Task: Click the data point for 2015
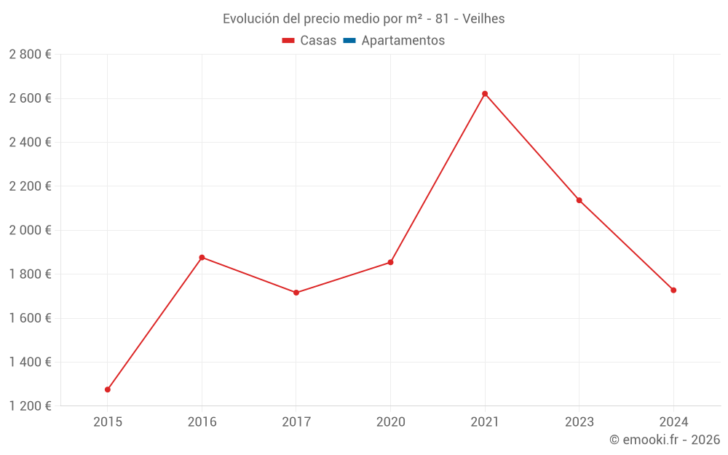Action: point(108,389)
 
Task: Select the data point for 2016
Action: point(202,258)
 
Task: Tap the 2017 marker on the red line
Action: point(296,293)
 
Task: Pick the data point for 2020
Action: point(391,262)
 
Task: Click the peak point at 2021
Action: point(485,94)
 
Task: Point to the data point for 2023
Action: point(579,200)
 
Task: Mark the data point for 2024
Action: point(673,290)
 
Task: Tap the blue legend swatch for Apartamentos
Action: point(349,41)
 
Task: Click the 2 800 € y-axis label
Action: point(30,54)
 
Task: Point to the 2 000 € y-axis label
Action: point(30,230)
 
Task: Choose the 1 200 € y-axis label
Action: point(30,406)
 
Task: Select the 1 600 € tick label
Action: point(30,318)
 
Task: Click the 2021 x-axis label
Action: point(485,422)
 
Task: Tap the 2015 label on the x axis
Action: point(108,422)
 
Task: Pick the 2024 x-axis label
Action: point(673,422)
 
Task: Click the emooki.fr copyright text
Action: point(665,440)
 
